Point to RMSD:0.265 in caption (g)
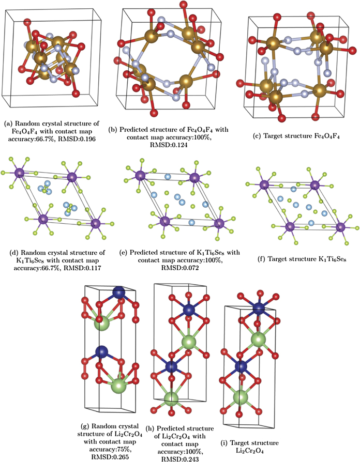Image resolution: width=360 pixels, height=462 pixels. click(x=110, y=457)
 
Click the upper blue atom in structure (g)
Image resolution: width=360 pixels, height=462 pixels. click(x=119, y=293)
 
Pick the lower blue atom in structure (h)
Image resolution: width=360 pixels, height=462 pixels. click(x=171, y=367)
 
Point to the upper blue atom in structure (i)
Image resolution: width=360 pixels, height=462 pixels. click(x=259, y=308)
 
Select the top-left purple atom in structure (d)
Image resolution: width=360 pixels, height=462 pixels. click(x=19, y=173)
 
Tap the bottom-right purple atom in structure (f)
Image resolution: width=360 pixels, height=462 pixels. click(x=341, y=227)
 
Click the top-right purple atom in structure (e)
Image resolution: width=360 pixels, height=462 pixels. click(x=194, y=178)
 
